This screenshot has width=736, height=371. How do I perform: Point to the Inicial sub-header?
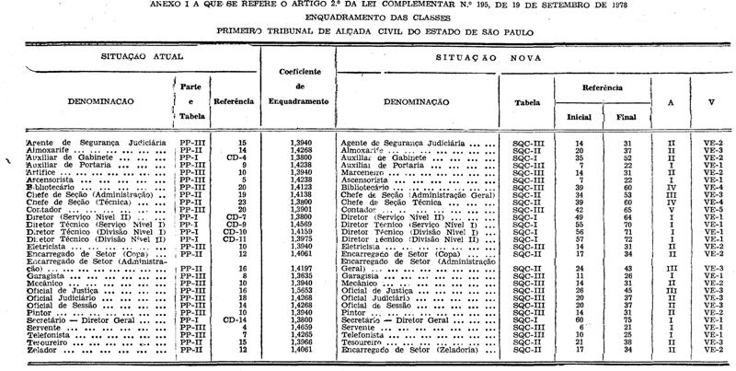coord(579,118)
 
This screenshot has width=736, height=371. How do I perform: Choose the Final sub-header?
coord(626,118)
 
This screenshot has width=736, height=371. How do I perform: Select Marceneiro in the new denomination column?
coord(362,172)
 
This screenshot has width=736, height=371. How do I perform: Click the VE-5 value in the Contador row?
coord(713,211)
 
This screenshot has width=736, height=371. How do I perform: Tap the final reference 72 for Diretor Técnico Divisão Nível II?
coord(626,238)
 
